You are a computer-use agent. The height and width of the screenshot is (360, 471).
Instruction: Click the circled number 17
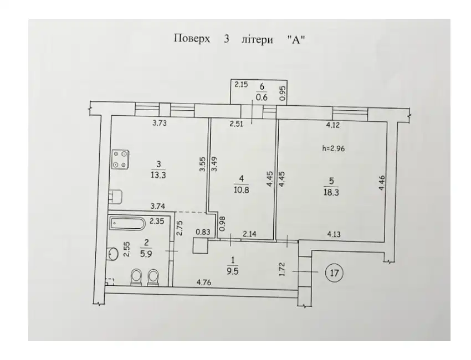pos(334,273)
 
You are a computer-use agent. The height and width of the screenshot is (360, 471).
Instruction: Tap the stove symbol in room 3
pos(121,159)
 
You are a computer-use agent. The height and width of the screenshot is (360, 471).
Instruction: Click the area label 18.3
pos(331,192)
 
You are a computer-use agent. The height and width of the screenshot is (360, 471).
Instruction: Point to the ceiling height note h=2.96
pos(333,148)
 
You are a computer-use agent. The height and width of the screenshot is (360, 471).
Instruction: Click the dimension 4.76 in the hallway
pos(204,282)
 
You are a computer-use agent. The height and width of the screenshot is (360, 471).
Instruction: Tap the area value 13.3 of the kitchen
pos(158,176)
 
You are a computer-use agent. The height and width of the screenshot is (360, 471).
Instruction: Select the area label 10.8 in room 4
pos(241,190)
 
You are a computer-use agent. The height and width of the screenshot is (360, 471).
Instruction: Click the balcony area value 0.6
pos(262,98)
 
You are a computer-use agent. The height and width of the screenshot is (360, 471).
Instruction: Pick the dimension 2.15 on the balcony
pos(241,85)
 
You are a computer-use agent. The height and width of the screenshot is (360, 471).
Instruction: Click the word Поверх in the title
pos(192,39)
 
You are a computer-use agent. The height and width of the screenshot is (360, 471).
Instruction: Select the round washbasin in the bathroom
pos(113,254)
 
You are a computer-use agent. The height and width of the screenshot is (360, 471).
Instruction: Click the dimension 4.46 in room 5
pos(381,183)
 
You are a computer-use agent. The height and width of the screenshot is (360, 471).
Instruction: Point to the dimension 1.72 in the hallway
pos(281,269)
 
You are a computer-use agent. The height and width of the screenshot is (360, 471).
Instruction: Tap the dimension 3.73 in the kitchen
pos(159,123)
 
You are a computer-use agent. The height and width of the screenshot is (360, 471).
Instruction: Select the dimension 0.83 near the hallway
pos(203,232)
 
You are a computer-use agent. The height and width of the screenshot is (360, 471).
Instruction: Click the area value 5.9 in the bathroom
pos(146,254)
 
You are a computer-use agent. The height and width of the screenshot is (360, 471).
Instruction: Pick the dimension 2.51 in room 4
pos(236,124)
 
